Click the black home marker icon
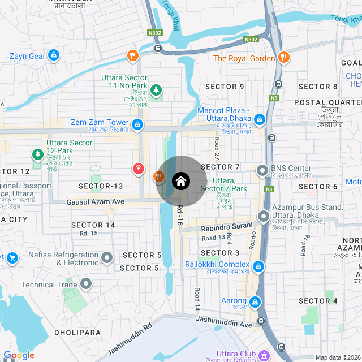pos(180,181)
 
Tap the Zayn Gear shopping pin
pos(54,55)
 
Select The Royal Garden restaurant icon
pos(284,58)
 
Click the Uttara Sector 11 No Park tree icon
pos(156,90)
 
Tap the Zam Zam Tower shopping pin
pos(137,123)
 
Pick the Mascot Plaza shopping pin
pos(260,119)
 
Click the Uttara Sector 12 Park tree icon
pos(38,154)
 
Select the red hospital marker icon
pos(138,169)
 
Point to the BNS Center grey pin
pos(262,170)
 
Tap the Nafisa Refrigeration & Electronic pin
pos(107,258)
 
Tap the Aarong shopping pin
pos(256,302)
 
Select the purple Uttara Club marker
pos(264,355)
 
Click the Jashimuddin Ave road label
pos(223,322)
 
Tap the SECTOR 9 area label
pos(225,87)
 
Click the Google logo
pos(19,355)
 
